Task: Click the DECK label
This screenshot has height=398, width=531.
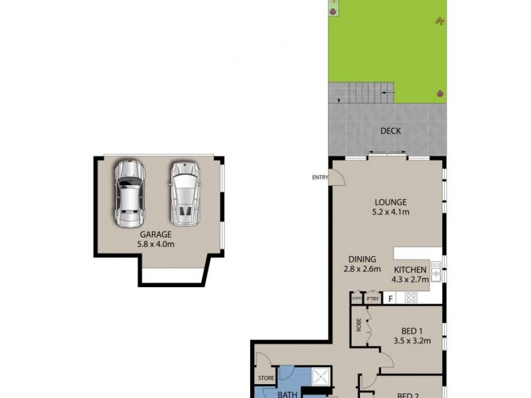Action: [390, 131]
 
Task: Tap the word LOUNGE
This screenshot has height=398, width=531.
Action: [390, 202]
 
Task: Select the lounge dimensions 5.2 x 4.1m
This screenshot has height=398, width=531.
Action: [390, 212]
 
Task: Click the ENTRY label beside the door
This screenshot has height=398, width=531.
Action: [320, 177]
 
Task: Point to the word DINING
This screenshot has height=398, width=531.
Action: [362, 259]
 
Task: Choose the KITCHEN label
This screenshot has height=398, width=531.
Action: [411, 269]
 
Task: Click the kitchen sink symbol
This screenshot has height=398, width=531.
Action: [436, 269]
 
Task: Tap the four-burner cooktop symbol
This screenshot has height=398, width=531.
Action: [411, 298]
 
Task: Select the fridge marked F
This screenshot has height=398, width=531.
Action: [391, 298]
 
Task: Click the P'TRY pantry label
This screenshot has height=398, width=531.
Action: [372, 299]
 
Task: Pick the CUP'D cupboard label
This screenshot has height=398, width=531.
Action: [356, 299]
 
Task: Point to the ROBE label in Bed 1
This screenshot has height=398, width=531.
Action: [358, 326]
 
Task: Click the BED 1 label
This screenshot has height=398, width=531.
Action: [412, 332]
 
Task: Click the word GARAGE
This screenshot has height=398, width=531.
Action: [155, 235]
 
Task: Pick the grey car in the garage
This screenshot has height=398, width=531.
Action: [129, 193]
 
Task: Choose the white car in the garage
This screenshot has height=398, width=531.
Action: [184, 193]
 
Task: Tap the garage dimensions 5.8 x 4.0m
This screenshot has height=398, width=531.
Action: [155, 244]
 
